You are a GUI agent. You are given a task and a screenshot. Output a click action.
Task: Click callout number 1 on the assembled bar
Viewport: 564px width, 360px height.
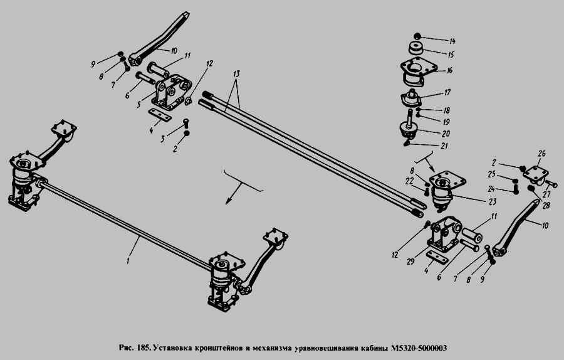coord(128,260)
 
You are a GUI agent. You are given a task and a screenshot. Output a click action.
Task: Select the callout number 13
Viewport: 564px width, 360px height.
coord(236,74)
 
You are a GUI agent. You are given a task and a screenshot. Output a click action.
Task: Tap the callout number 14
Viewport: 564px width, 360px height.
coord(452,41)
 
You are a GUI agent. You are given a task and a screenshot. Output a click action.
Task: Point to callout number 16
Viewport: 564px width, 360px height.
coord(449,71)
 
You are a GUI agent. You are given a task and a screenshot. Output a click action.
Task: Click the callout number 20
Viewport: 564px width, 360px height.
coord(446,134)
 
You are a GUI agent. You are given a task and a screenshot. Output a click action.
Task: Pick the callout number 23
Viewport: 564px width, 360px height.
coord(492,202)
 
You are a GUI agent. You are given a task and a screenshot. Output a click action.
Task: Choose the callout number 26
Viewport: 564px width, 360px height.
coord(541,154)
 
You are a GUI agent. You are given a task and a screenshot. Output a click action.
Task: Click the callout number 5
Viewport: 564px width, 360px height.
coord(138,105)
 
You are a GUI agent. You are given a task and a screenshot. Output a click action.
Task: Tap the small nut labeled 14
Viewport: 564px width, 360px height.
coord(417,36)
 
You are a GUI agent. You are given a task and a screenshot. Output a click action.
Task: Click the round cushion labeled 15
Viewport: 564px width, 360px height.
coord(416,48)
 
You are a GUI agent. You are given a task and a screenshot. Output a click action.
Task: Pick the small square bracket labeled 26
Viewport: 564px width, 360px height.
coord(535,176)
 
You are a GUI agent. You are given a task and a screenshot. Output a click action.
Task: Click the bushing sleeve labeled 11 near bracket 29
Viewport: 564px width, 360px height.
coord(471,235)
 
